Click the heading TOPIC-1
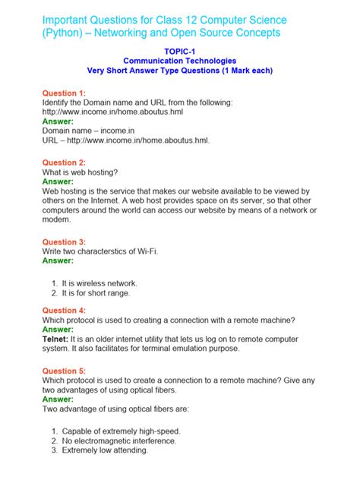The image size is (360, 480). pos(179,49)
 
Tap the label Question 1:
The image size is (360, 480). pos(65,93)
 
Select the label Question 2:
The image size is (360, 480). pos(65,163)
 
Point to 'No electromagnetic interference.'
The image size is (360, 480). pos(119,440)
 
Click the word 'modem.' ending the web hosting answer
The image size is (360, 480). pos(56,220)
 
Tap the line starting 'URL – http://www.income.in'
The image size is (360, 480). pos(115,140)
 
